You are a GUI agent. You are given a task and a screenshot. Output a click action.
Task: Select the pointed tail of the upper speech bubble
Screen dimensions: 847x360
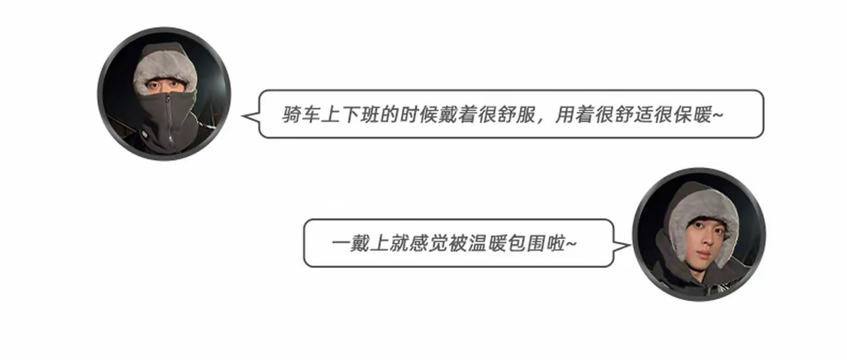[247, 115]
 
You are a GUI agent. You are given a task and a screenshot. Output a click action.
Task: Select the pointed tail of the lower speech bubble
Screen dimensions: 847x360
[624, 244]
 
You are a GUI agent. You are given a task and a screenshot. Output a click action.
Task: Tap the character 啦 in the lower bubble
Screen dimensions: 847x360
[557, 243]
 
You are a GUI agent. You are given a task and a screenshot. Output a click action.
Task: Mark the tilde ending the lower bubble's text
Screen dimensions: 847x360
[572, 244]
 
